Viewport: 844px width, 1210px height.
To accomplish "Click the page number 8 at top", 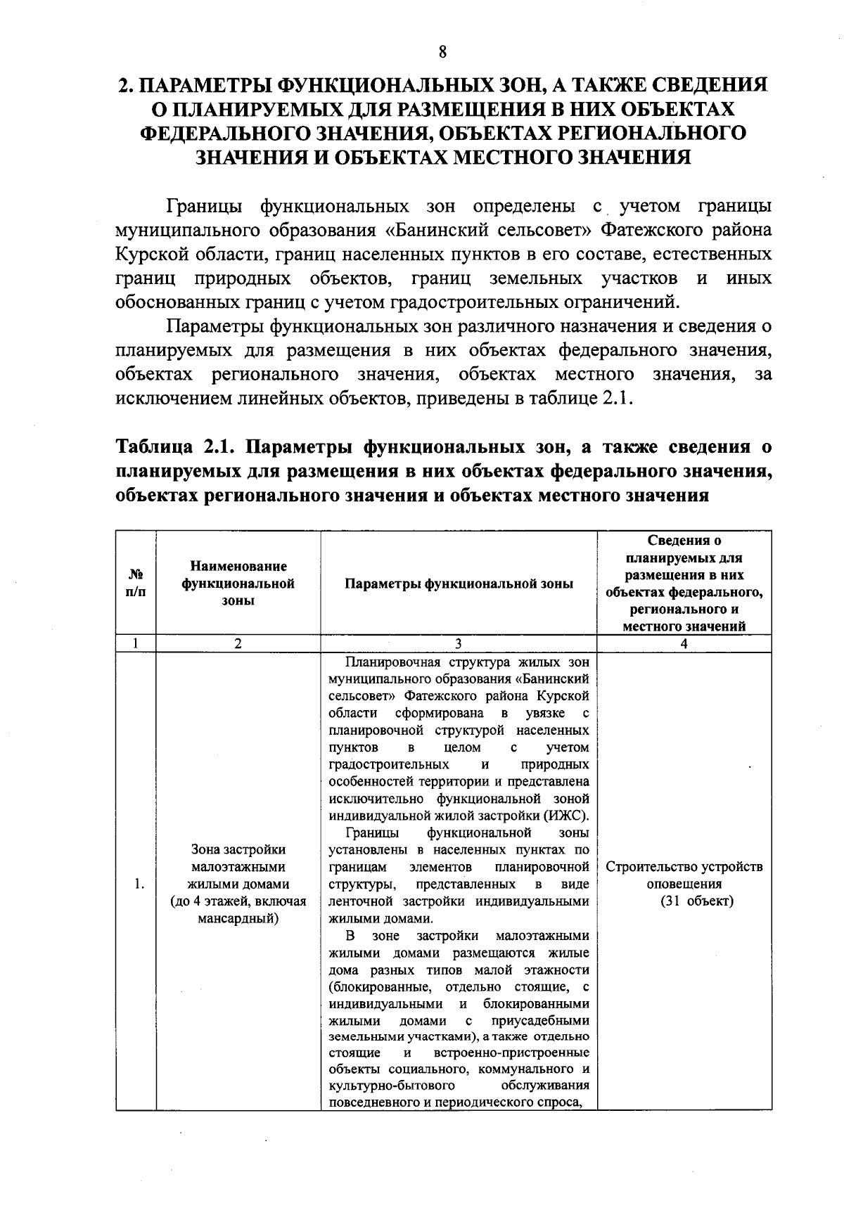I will point(442,53).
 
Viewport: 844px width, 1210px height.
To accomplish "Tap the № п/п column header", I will point(136,583).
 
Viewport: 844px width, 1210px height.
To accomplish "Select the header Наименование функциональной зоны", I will point(238,583).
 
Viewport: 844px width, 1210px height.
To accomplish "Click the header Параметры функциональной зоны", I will point(459,584).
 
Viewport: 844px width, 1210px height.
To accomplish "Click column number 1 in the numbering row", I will point(135,643).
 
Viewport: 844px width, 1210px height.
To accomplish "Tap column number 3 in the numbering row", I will point(459,643).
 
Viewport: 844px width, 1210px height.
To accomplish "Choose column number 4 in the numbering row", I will point(684,643).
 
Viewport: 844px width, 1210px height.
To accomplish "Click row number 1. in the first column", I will point(139,884).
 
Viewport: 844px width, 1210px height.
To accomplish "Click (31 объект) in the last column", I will point(696,901).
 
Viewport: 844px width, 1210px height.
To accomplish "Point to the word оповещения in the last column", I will point(684,884).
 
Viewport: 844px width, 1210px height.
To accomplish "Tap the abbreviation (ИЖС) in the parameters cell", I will point(565,816).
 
